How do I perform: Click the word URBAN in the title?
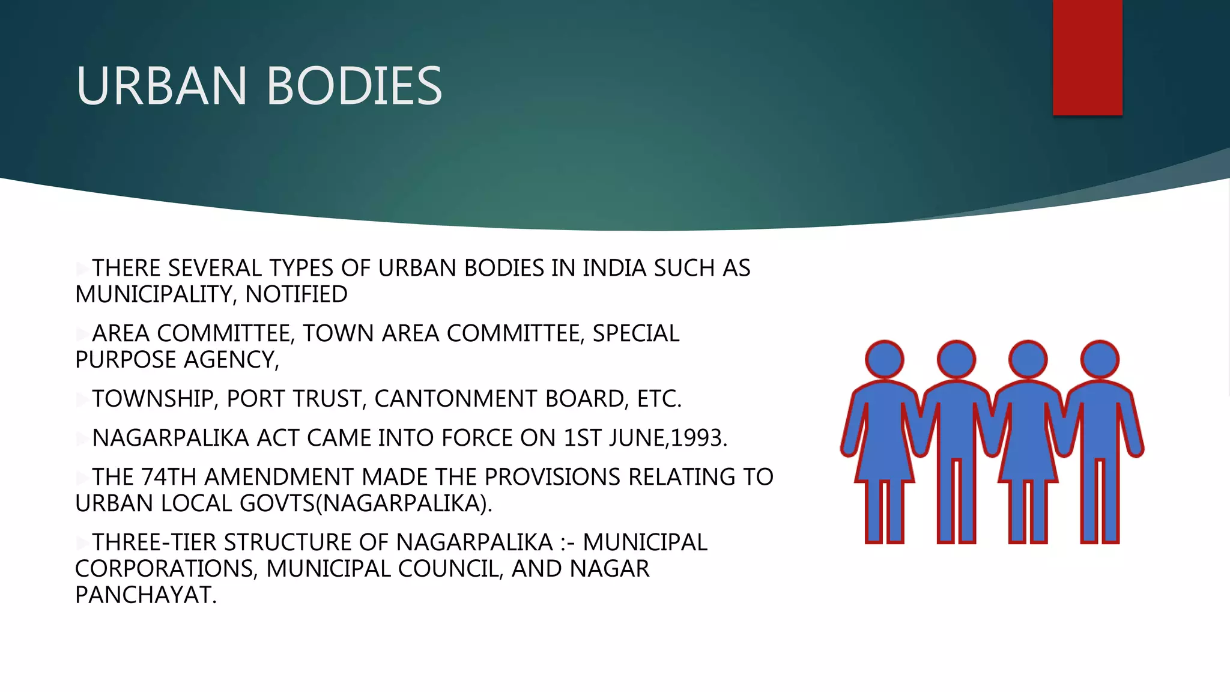(x=161, y=86)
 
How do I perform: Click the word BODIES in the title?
(x=354, y=86)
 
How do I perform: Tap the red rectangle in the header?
(x=1087, y=58)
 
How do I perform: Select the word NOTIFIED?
(x=296, y=295)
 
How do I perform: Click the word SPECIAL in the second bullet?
(x=635, y=334)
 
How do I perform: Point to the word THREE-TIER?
(x=154, y=543)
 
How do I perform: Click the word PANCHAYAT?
(x=145, y=595)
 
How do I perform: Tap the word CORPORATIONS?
(x=166, y=569)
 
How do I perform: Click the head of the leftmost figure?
(x=884, y=360)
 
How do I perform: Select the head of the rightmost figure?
(x=1099, y=360)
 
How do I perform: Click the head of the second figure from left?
(x=956, y=360)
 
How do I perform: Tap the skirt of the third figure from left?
(x=1028, y=457)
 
